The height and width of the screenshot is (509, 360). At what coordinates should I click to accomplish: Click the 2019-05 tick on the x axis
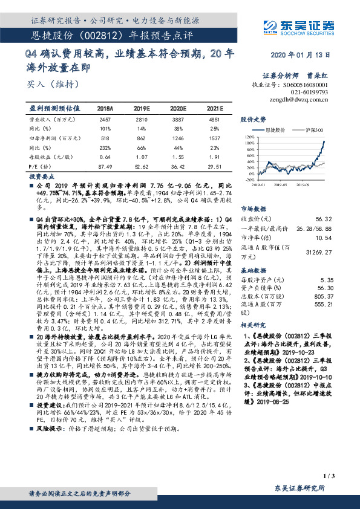(285, 184)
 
